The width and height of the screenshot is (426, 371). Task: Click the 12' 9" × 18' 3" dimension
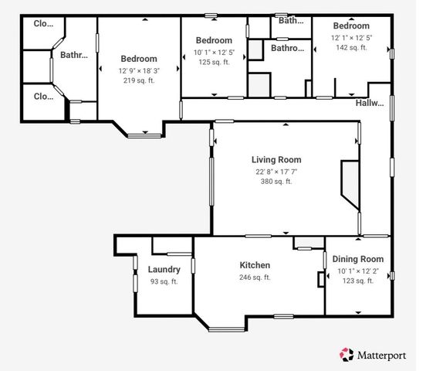(139, 70)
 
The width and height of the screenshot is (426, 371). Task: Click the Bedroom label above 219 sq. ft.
(139, 59)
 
